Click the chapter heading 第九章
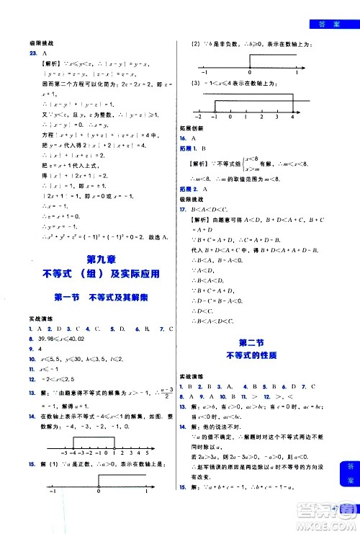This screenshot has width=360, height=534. (x=101, y=260)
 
